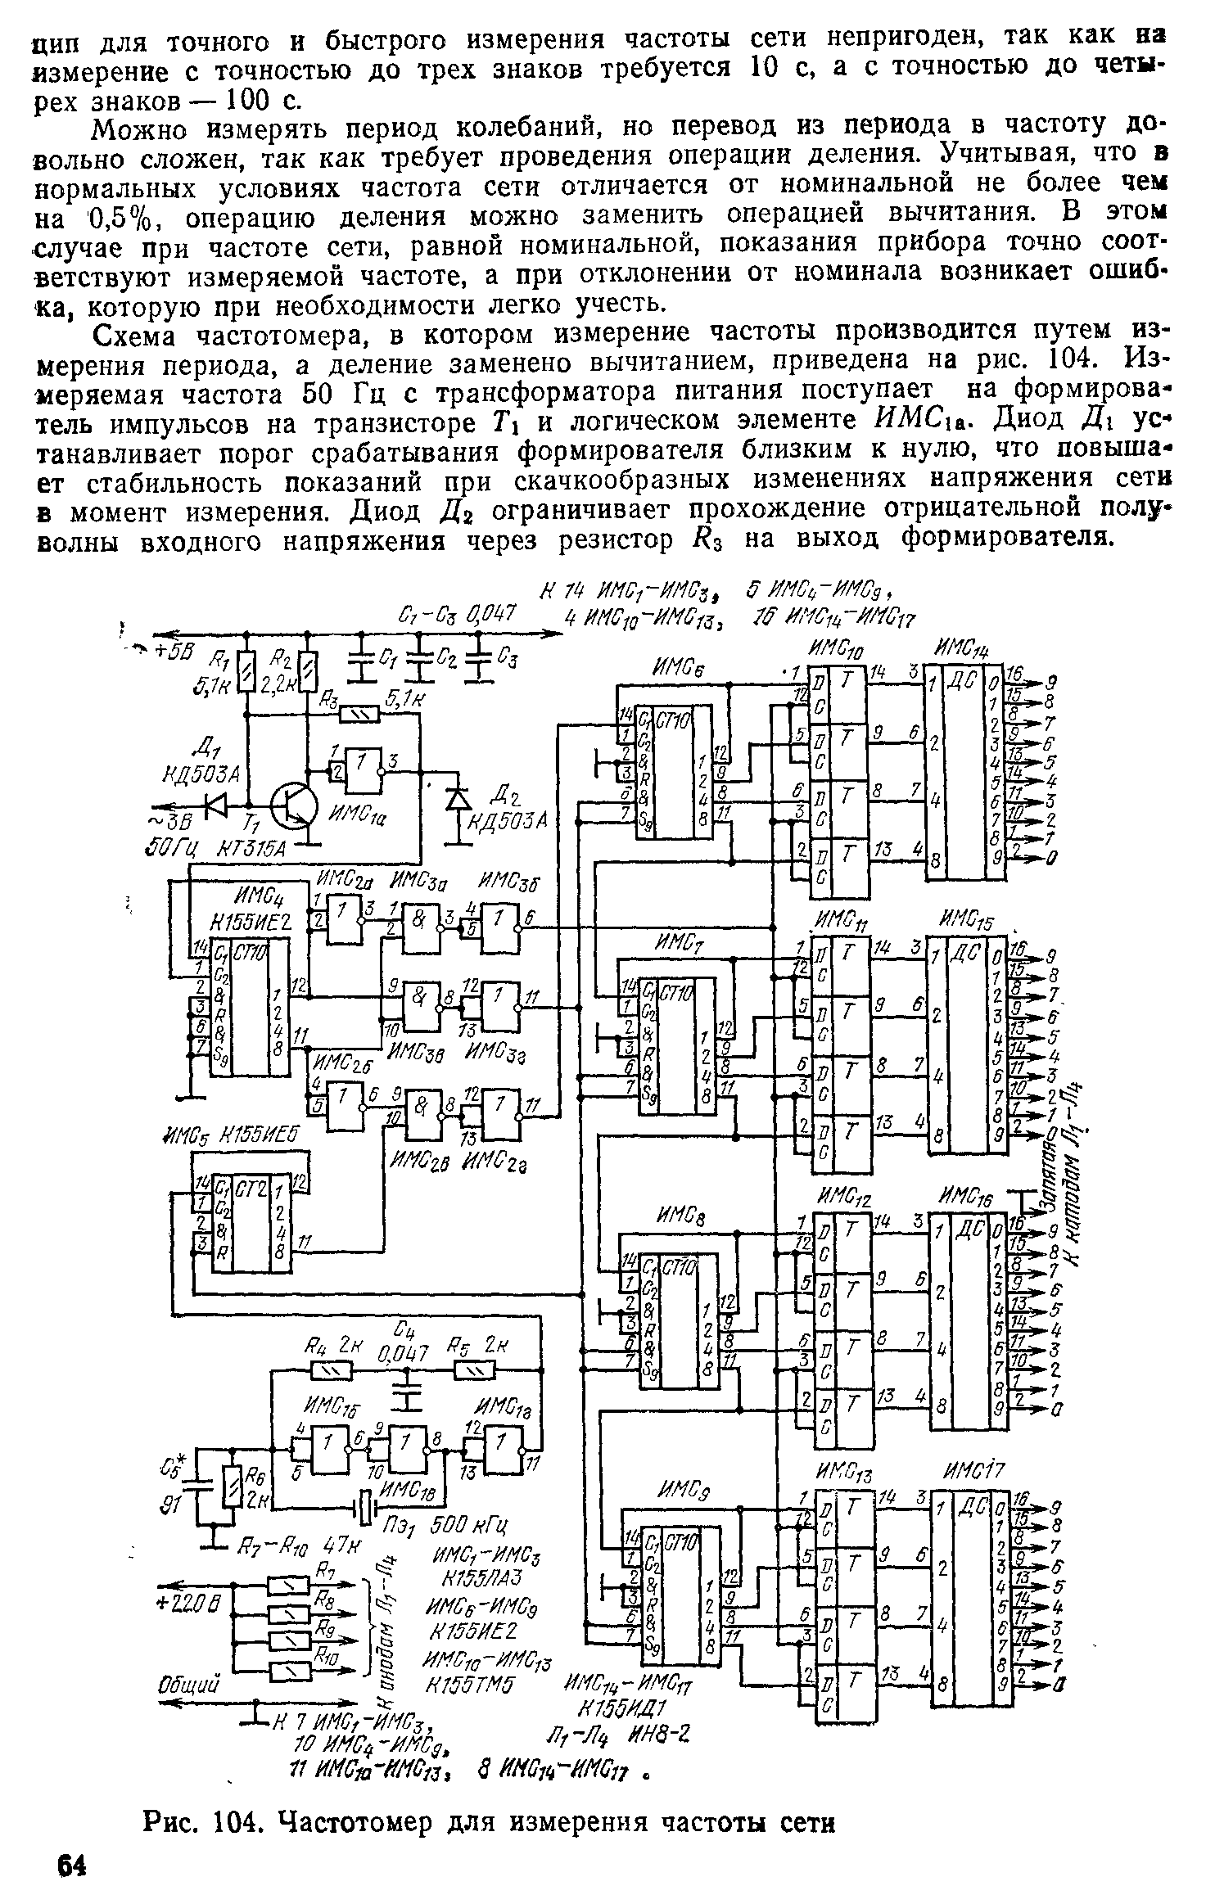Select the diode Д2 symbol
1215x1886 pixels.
(456, 797)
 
